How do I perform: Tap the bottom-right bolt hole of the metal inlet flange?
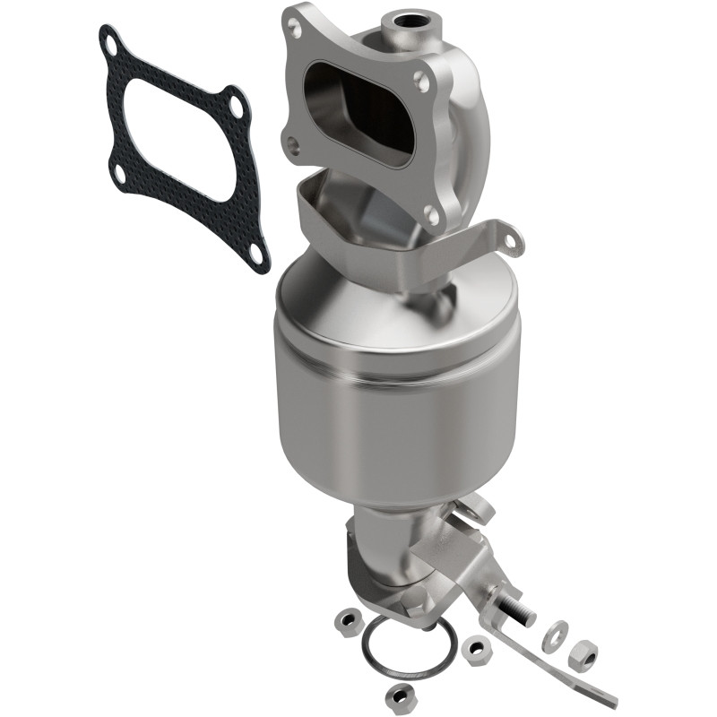431,214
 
